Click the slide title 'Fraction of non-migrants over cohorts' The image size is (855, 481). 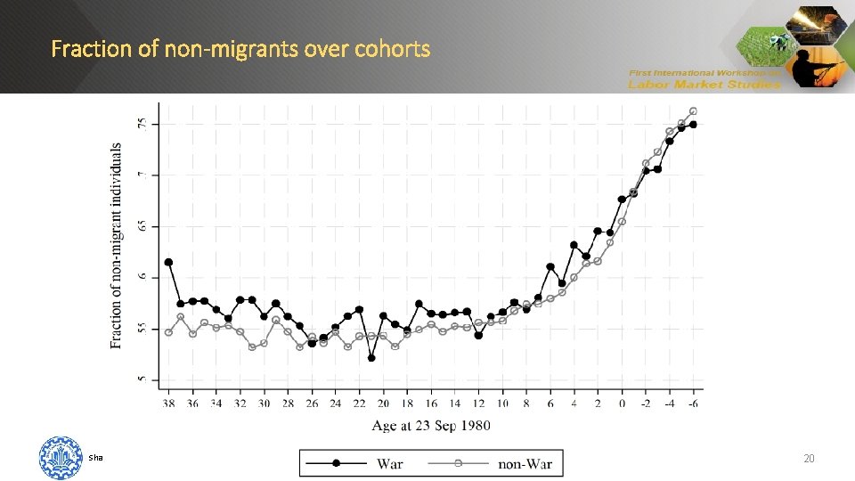(240, 48)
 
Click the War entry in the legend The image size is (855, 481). (389, 463)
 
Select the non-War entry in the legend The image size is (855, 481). (525, 463)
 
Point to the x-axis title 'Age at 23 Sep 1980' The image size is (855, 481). (431, 426)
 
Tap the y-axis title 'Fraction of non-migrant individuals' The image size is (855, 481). (117, 246)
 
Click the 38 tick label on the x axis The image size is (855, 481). (168, 404)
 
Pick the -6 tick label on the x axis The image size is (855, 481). (693, 404)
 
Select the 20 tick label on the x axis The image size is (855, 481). (383, 404)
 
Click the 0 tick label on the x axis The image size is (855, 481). (622, 404)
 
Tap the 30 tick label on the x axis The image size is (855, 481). (264, 404)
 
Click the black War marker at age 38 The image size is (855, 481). (168, 262)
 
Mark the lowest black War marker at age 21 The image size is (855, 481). (371, 358)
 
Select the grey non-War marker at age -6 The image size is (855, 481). (693, 111)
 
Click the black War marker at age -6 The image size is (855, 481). (693, 125)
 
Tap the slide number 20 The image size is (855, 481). (809, 458)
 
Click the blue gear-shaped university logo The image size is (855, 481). (61, 458)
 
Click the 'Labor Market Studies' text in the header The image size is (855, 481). (704, 85)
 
